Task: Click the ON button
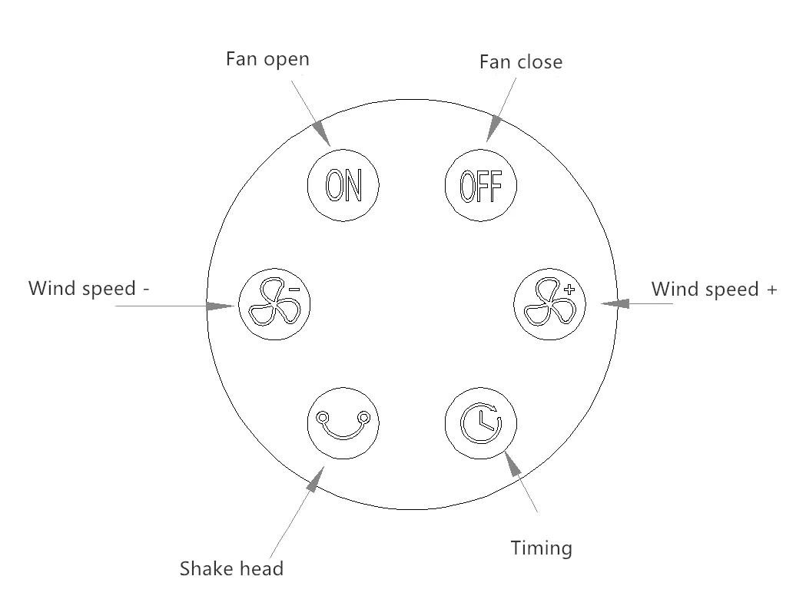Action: (x=343, y=184)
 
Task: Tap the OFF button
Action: (x=481, y=184)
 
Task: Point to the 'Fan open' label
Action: (x=267, y=59)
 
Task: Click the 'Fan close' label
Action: (x=520, y=61)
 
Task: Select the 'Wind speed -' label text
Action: (x=88, y=289)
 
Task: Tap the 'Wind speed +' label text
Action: (x=714, y=289)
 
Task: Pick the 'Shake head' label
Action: (x=231, y=568)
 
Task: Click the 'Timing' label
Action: (x=541, y=548)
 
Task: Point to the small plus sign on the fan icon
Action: (x=569, y=290)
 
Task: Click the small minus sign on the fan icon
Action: (x=294, y=290)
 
